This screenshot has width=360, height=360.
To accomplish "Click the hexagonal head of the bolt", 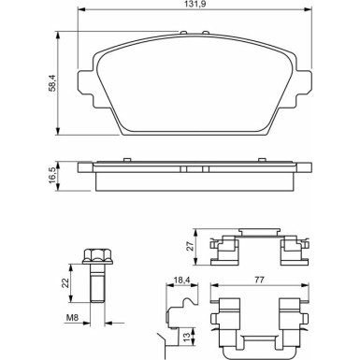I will click(94, 257).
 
